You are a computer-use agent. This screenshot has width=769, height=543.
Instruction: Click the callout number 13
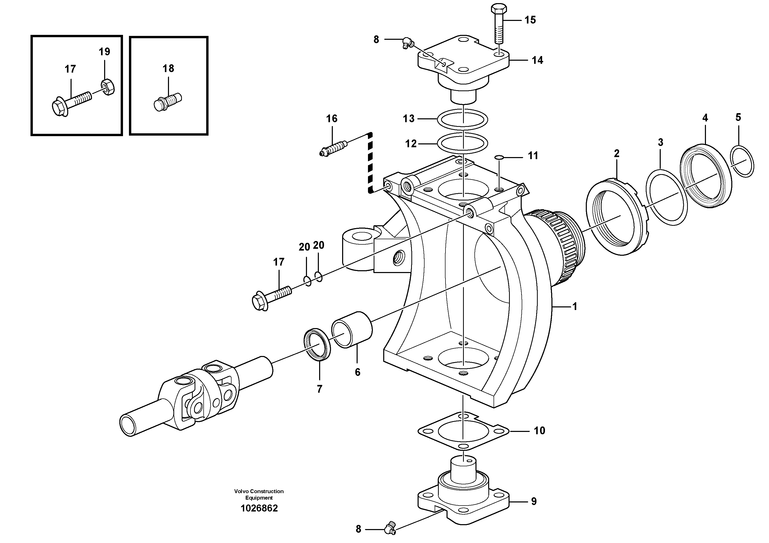409,119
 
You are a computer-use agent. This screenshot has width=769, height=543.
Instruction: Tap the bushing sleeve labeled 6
352,330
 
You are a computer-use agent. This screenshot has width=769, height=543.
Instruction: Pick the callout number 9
534,501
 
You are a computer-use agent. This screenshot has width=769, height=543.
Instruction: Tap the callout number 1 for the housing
575,307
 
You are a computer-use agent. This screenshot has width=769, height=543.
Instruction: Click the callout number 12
411,144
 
